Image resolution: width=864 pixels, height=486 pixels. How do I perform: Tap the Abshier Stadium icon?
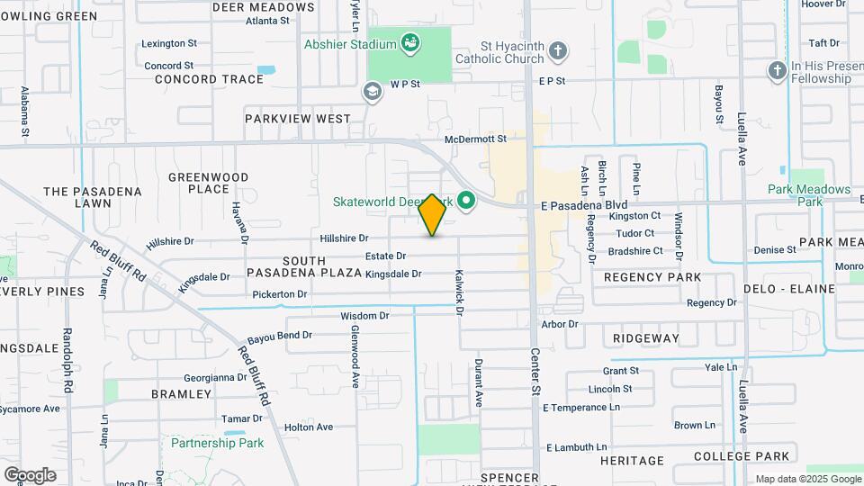point(410,41)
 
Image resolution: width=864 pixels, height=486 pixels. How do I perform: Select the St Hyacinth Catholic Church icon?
point(558,50)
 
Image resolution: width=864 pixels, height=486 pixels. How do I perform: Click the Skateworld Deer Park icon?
point(466,201)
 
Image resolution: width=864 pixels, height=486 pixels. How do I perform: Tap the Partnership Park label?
point(218,443)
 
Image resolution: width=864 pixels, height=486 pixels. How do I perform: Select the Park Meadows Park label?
point(809,195)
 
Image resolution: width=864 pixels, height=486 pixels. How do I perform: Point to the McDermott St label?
point(476,139)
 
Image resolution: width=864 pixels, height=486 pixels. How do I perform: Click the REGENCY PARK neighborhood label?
point(652,277)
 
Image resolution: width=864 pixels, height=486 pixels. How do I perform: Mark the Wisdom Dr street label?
point(364,316)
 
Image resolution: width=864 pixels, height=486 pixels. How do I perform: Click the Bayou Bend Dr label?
point(282,335)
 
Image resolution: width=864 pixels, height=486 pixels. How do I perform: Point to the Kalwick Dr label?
point(458,292)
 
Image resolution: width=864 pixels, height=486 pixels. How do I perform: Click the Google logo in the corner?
point(30,474)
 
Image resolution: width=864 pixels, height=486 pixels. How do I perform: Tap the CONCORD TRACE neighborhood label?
point(209,79)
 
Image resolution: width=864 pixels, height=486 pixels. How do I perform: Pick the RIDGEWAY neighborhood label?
point(646,338)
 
